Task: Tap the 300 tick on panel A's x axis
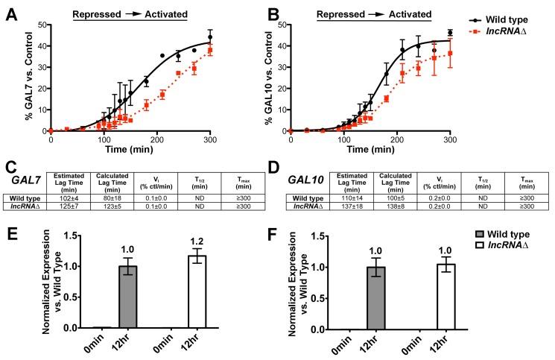pyautogui.click(x=223, y=139)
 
